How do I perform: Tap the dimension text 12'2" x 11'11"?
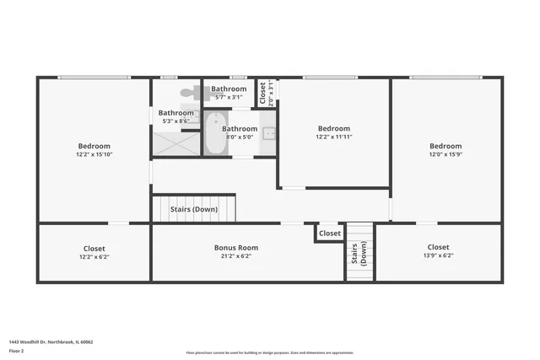[333, 137]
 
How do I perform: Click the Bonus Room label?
[235, 248]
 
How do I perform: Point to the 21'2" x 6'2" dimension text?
[235, 256]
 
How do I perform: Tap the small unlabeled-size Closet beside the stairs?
[330, 234]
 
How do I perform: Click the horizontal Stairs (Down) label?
[194, 209]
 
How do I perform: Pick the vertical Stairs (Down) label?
[360, 253]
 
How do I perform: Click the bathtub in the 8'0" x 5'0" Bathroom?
[214, 137]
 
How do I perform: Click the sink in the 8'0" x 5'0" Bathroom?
[268, 132]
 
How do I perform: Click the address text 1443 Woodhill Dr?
[51, 342]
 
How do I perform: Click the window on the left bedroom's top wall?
[94, 78]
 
